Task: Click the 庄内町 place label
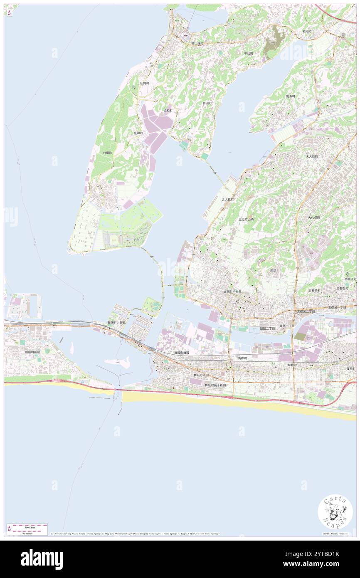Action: [x=144, y=83]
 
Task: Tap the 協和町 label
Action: [x=168, y=111]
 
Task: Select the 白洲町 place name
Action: [x=207, y=103]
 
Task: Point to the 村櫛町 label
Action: [x=108, y=153]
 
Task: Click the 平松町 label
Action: [x=249, y=54]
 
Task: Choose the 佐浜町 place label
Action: [x=290, y=96]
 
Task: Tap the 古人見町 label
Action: [x=227, y=200]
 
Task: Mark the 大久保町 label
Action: [x=314, y=217]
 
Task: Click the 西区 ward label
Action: [x=273, y=271]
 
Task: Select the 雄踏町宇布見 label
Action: [x=232, y=292]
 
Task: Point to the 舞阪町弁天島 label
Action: [x=117, y=323]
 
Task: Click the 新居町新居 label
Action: [x=32, y=352]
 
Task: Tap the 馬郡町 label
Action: [x=242, y=358]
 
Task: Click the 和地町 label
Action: [x=307, y=31]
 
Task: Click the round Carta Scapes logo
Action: [x=335, y=511]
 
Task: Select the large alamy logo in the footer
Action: [x=42, y=559]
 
